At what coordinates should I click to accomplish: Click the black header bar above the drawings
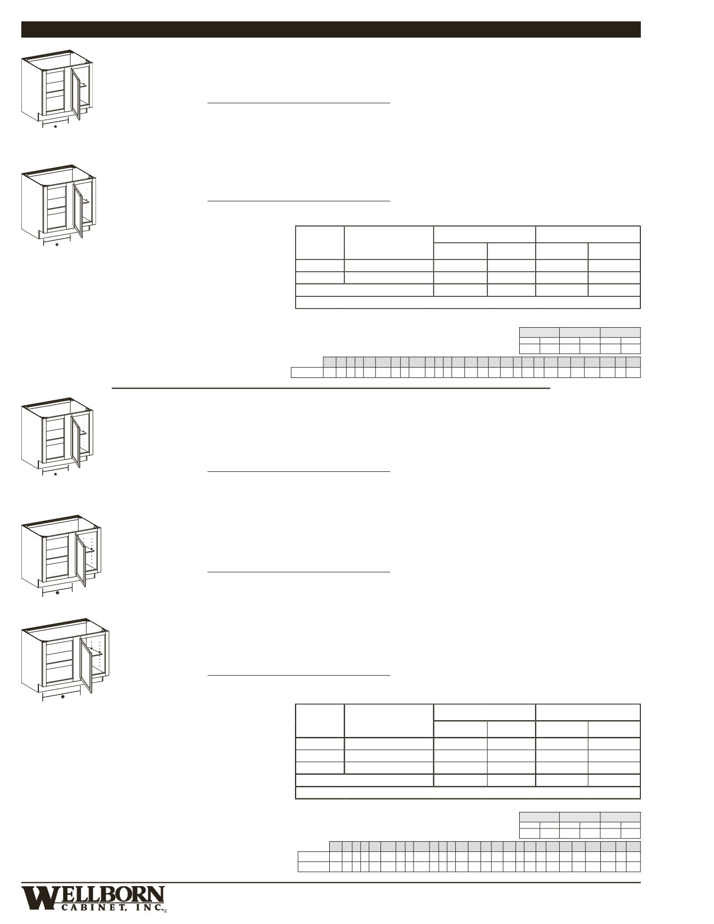click(331, 29)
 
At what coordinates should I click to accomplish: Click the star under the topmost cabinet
click(55, 127)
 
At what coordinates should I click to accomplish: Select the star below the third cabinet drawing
click(56, 475)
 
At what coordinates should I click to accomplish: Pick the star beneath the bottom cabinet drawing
click(62, 697)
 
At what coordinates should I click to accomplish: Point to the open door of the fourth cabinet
click(81, 559)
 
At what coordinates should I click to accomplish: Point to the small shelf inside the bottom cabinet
click(97, 652)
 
